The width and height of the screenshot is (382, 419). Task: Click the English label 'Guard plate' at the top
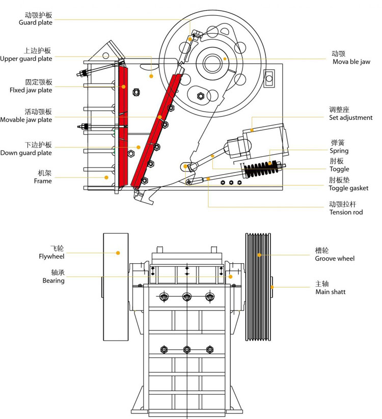click(35, 22)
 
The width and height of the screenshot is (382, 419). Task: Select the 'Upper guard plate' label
click(26, 59)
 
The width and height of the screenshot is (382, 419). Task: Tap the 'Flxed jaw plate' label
click(31, 90)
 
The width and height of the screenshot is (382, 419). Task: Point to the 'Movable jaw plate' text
click(26, 120)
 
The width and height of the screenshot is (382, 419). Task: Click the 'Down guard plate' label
click(26, 153)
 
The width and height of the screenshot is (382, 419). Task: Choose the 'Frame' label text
click(43, 181)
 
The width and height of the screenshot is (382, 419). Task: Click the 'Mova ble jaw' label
click(351, 62)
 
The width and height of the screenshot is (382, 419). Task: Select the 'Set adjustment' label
click(350, 118)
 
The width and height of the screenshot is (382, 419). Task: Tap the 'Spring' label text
click(339, 151)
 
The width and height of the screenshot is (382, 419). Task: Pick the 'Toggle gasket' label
click(348, 188)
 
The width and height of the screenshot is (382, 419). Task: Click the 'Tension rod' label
click(346, 212)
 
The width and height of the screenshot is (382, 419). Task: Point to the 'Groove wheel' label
click(334, 258)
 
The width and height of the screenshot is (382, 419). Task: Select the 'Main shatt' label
click(330, 292)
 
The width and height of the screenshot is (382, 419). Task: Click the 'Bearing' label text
click(53, 281)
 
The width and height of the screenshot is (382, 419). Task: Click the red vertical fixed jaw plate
click(123, 127)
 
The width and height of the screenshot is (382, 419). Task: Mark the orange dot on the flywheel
click(118, 253)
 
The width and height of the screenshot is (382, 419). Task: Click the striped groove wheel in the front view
click(258, 287)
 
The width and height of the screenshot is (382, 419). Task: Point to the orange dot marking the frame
click(106, 177)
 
